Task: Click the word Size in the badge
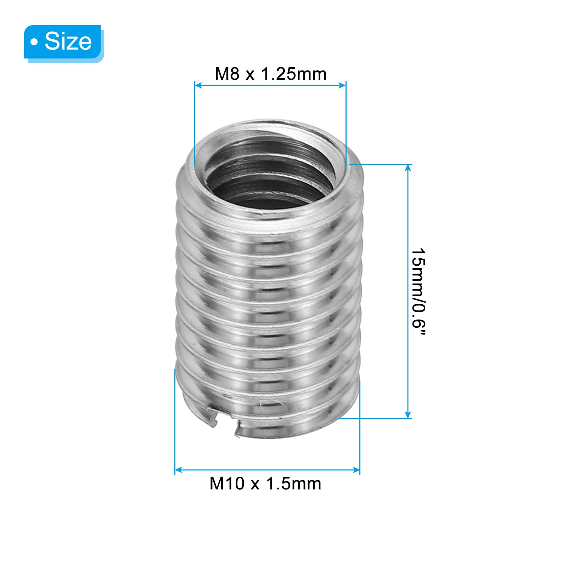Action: point(68,41)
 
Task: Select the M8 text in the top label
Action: point(227,74)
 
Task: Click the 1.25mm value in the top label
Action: point(294,74)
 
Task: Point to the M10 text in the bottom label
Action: point(227,483)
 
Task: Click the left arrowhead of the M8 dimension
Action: point(198,85)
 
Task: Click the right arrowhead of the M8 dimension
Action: point(342,85)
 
